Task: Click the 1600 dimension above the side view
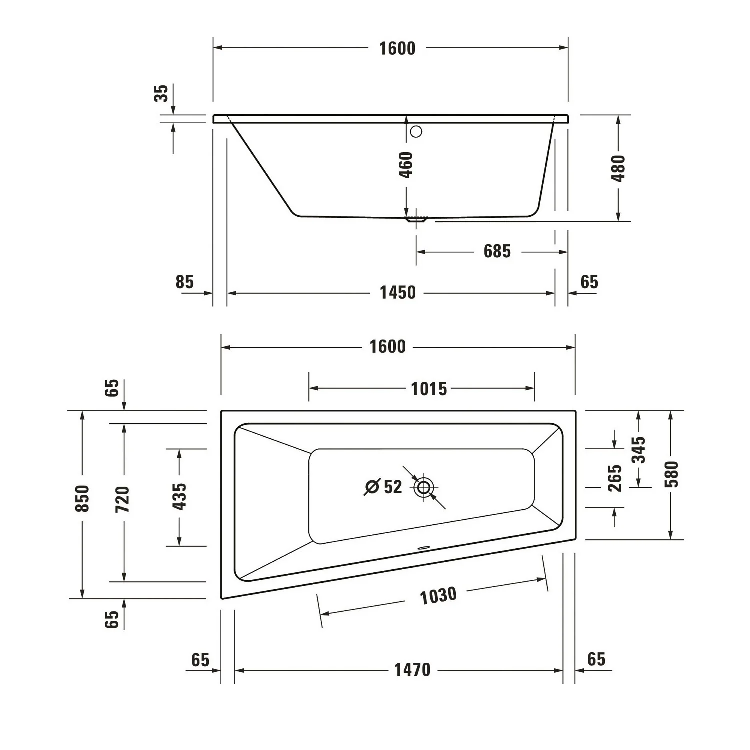tap(397, 48)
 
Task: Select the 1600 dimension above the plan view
tap(387, 347)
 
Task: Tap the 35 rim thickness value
tap(161, 93)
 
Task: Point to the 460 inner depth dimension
tap(406, 165)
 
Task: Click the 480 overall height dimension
tap(618, 168)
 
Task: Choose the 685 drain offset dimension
tap(497, 251)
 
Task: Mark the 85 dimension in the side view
tap(184, 282)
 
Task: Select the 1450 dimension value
tap(397, 292)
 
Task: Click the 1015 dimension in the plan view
tap(429, 389)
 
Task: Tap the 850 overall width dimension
tap(82, 498)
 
